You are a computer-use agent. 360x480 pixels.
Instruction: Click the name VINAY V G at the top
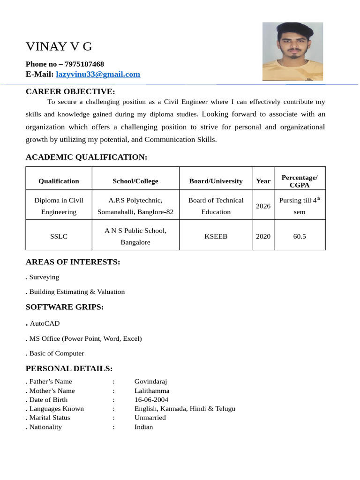pos(59,47)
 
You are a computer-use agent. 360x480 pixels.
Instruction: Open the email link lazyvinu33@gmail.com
pos(98,75)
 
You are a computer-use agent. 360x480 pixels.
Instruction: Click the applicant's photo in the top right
pos(292,52)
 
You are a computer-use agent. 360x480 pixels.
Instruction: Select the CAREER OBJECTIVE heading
pos(70,91)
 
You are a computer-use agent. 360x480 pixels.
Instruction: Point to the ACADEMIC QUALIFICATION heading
pos(86,157)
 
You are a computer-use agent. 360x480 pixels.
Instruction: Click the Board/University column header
pos(216,181)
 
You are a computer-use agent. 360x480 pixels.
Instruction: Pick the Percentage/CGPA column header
pos(299,181)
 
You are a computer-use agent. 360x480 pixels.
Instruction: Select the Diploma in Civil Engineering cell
pos(59,206)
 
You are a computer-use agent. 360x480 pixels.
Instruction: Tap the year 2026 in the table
pos(263,206)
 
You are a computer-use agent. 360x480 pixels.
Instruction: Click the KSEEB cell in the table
pos(216,237)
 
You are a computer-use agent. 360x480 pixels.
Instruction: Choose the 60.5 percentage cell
pos(299,237)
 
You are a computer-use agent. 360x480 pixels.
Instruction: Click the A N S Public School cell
pos(135,237)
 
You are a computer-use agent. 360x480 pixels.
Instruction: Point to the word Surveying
pos(44,277)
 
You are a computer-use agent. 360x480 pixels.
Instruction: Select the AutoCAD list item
pos(45,324)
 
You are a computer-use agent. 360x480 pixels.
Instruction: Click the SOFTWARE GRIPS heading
pos(65,307)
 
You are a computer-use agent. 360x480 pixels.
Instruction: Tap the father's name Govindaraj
pos(150,382)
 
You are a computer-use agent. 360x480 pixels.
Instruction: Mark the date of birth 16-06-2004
pos(151,400)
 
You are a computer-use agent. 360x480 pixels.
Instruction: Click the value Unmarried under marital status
pos(150,418)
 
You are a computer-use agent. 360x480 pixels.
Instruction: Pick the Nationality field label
pos(45,427)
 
